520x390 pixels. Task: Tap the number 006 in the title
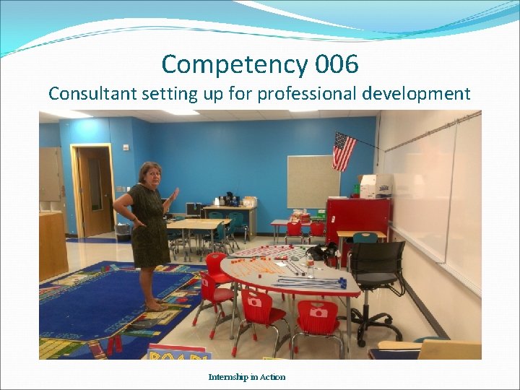pos(337,65)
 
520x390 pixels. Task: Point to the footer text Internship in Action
pos(247,377)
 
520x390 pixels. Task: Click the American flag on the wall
pos(344,151)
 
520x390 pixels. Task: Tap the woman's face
pos(150,175)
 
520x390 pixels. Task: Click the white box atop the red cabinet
pos(375,186)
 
